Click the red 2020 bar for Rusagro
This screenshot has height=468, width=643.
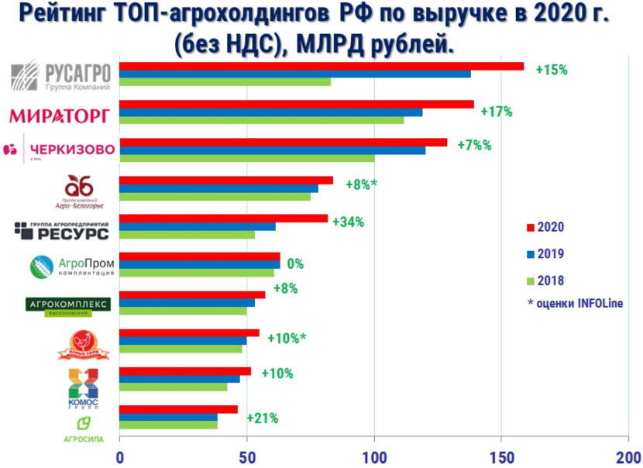[x=321, y=66]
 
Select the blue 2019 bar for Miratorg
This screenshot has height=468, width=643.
[x=271, y=112]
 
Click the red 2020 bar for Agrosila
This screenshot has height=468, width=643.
[x=178, y=409]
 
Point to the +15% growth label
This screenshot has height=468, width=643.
[x=552, y=70]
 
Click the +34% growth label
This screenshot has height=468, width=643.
[x=348, y=222]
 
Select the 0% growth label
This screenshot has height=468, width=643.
[x=295, y=263]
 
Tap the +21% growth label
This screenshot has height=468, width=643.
[x=262, y=418]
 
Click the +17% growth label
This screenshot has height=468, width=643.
[x=497, y=112]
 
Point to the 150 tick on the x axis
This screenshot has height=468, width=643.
[x=501, y=457]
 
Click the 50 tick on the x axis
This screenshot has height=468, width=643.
[x=246, y=457]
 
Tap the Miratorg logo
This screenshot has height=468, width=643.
[x=60, y=115]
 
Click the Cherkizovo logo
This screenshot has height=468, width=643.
[x=60, y=149]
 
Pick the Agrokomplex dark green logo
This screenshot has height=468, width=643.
[x=68, y=304]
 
